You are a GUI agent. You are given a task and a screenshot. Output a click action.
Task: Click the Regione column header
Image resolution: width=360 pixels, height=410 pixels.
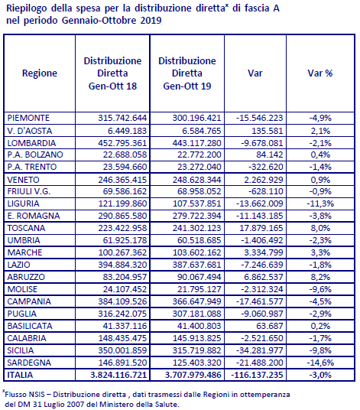(x=40, y=73)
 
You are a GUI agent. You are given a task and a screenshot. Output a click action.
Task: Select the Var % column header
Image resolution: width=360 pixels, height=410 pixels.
(x=320, y=73)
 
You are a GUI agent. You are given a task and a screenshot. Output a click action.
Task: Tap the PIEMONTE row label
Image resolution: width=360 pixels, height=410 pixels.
(x=28, y=118)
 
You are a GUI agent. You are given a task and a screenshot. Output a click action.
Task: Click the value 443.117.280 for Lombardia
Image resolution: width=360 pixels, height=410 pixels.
(x=196, y=143)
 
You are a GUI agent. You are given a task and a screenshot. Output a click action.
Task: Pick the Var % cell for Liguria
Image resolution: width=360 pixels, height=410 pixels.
(x=320, y=203)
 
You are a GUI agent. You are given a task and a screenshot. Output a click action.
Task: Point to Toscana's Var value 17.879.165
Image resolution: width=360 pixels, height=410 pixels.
(x=261, y=228)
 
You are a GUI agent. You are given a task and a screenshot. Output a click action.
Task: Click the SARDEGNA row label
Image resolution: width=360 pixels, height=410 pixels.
(x=29, y=363)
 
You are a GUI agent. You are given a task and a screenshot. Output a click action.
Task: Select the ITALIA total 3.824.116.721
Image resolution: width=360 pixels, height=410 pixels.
(x=118, y=375)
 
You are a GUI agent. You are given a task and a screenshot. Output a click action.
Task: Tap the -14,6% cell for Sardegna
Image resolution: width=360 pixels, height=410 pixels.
(x=320, y=363)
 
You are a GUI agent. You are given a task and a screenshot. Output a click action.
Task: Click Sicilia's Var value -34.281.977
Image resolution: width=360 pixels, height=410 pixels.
(x=260, y=350)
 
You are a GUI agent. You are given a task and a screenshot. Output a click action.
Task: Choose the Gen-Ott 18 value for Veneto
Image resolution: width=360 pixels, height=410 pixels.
(x=122, y=180)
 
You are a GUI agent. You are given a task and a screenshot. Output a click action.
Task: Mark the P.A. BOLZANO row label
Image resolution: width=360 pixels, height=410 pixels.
(x=35, y=155)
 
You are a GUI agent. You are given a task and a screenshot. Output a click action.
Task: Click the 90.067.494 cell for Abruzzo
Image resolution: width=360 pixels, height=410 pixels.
(x=199, y=277)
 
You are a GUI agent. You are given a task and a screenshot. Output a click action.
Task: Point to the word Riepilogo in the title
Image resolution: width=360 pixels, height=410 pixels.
(x=27, y=8)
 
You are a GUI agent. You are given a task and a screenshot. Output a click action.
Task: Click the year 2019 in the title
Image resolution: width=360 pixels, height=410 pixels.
(x=151, y=21)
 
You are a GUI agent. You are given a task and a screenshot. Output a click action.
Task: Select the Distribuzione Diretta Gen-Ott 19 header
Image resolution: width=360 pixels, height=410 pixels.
(x=187, y=73)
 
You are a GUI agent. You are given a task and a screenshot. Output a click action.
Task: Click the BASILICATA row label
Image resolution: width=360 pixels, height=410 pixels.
(x=30, y=326)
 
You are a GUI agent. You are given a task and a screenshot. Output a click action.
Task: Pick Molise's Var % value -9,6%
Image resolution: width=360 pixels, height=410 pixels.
(x=320, y=289)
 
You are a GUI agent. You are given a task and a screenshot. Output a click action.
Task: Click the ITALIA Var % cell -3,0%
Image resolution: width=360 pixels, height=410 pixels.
(x=320, y=375)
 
